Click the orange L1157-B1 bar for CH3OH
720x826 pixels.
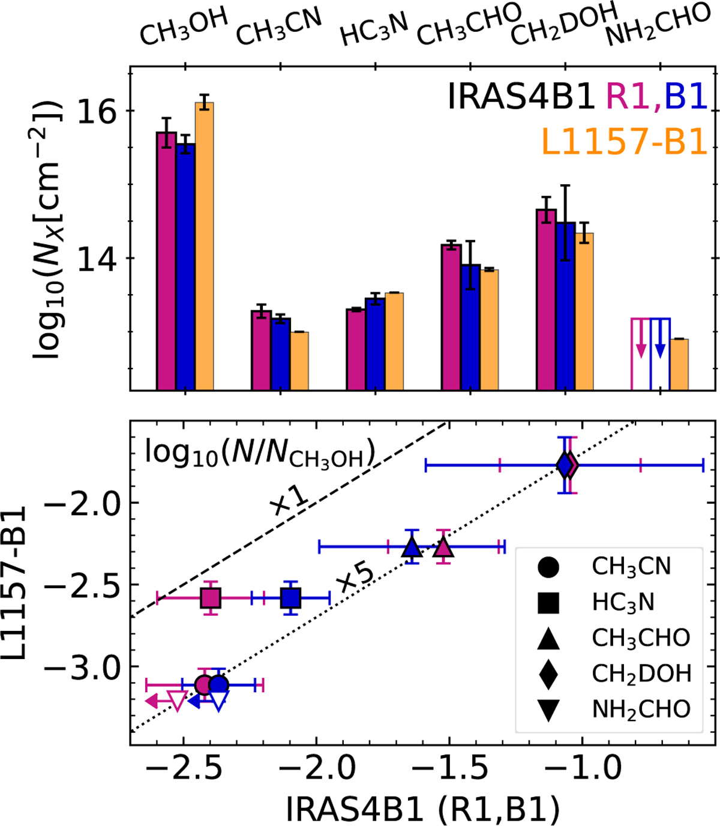[204, 246]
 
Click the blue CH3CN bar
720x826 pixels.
[280, 354]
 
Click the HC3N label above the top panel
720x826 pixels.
[374, 30]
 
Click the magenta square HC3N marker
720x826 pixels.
[210, 598]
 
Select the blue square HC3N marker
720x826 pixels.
[291, 598]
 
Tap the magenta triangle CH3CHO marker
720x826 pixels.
[443, 547]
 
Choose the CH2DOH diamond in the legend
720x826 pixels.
[548, 673]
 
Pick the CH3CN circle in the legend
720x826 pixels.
[548, 566]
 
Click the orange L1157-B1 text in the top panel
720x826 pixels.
[624, 143]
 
